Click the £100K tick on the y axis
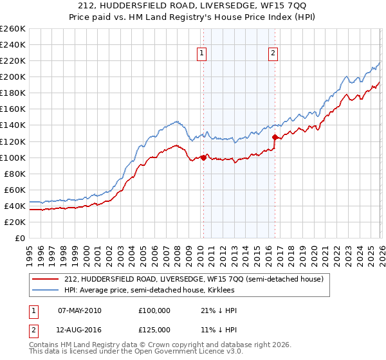click(x=12, y=157)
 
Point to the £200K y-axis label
click(x=12, y=76)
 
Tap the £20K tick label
click(x=14, y=222)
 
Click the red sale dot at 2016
click(x=275, y=137)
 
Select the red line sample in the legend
click(x=46, y=279)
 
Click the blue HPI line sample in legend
click(x=46, y=291)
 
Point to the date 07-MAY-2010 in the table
click(x=80, y=310)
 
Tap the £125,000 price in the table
click(x=154, y=330)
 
